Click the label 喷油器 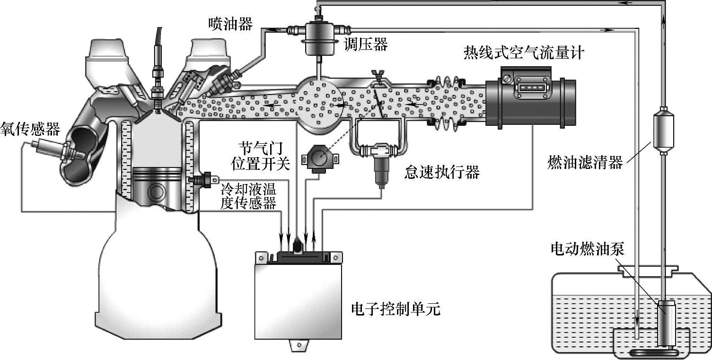click(230, 24)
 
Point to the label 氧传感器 click(30, 128)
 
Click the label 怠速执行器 click(442, 172)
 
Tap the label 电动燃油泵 click(588, 249)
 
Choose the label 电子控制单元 click(396, 310)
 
